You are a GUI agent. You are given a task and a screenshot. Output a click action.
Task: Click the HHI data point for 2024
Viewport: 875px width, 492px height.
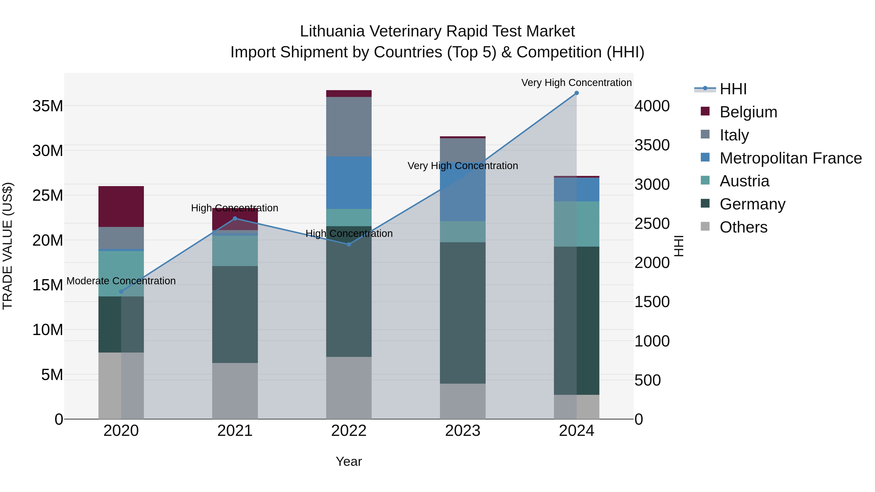point(577,93)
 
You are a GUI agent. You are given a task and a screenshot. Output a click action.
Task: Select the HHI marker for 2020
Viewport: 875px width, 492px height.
point(121,291)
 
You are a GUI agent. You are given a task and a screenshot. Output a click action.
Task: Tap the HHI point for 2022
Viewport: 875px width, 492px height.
point(349,244)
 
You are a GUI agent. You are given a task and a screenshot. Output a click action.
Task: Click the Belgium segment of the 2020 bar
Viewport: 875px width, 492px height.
point(121,207)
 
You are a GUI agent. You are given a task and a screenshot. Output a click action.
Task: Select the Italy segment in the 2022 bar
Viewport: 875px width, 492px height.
point(349,127)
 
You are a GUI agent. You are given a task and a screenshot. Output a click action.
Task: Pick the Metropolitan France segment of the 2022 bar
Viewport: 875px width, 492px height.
point(349,183)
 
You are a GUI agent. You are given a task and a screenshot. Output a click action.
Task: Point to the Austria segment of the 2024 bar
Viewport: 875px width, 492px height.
point(577,224)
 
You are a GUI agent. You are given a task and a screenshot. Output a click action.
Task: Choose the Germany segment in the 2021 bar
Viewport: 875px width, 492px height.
point(235,314)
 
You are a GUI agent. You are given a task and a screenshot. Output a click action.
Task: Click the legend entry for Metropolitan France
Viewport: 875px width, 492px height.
point(790,158)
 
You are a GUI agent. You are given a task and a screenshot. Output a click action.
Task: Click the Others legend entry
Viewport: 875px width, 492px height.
point(743,227)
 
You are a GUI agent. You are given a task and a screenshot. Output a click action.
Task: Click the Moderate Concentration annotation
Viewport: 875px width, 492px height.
point(121,281)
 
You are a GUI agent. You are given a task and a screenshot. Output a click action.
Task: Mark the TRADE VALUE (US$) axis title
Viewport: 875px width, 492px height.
point(8,246)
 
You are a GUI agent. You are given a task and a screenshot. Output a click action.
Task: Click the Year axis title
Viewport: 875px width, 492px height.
point(349,461)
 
